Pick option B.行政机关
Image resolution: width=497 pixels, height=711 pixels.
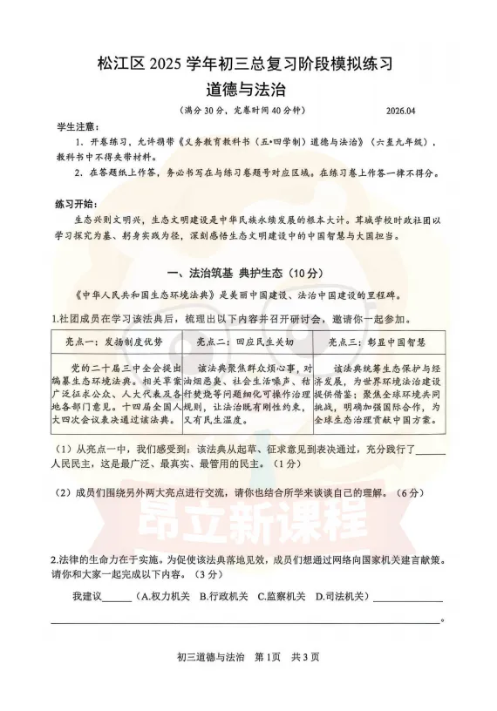click(224, 597)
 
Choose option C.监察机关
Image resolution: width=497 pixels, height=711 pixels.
click(282, 597)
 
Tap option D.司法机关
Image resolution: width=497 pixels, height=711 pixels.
click(341, 597)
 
